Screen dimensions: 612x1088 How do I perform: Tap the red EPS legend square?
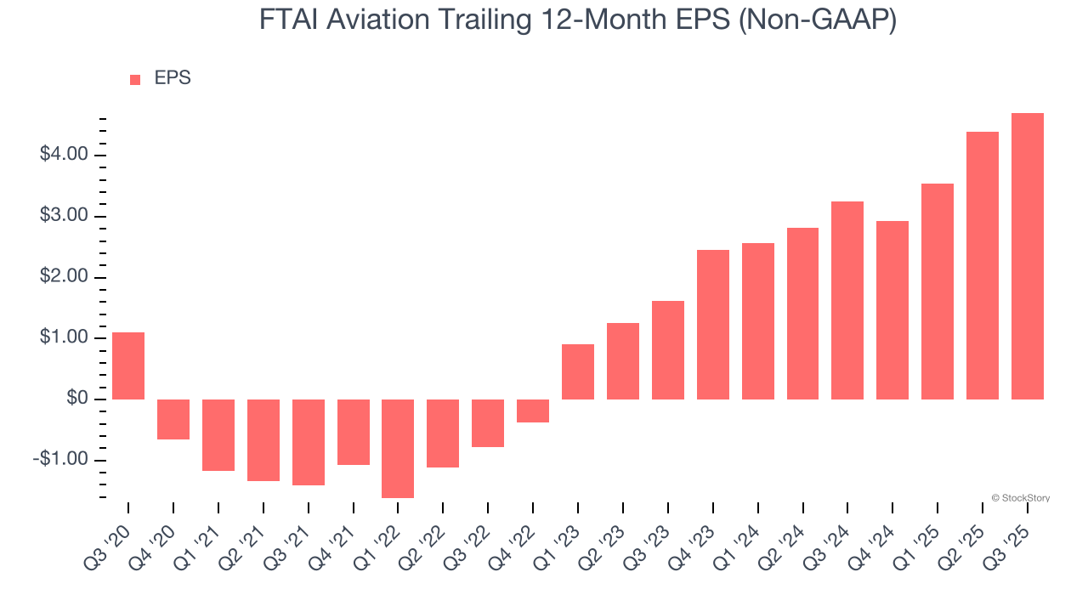coord(135,79)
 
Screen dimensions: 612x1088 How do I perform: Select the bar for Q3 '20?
coord(128,365)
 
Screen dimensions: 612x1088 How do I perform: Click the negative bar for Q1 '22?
coord(398,448)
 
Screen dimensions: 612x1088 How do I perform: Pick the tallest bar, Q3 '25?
coord(1027,256)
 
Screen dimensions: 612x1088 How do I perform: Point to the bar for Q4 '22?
coord(533,411)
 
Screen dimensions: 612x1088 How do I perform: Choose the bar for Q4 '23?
coord(712,325)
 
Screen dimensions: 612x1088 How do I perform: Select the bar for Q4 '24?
coord(892,310)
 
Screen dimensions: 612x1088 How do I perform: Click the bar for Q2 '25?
coord(982,265)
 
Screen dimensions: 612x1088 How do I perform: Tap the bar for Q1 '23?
coord(578,371)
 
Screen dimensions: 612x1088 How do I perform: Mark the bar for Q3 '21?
coord(309,442)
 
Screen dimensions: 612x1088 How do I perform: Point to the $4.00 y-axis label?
coord(64,155)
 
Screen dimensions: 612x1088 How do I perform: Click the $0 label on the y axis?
coord(76,399)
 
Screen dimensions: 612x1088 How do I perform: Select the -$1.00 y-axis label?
coord(61,460)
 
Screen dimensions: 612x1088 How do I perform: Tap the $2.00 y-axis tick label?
coord(64,277)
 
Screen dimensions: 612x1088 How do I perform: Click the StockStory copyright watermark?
coord(1020,498)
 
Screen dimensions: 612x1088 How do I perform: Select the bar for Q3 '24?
coord(847,300)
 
